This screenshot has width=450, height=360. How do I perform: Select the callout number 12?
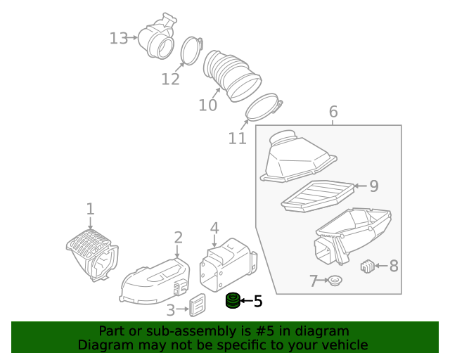[170, 79]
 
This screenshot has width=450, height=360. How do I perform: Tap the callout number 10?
[207, 105]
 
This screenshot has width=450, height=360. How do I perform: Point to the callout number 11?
[238, 138]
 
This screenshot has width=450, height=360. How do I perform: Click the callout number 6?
[333, 112]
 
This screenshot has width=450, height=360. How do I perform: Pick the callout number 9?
[373, 186]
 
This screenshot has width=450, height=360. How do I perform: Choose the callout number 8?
[393, 266]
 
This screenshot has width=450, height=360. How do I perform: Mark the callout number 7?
[314, 281]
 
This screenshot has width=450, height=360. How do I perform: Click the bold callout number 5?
[257, 302]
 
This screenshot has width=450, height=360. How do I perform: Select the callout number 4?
[214, 228]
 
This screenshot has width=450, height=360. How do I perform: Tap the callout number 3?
[171, 310]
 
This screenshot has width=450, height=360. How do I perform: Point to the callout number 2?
[179, 238]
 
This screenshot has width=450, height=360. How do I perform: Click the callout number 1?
[90, 208]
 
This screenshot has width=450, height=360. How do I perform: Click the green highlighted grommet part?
[232, 302]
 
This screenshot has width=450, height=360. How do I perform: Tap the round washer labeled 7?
[335, 281]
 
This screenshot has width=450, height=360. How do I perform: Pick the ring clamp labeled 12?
[191, 51]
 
